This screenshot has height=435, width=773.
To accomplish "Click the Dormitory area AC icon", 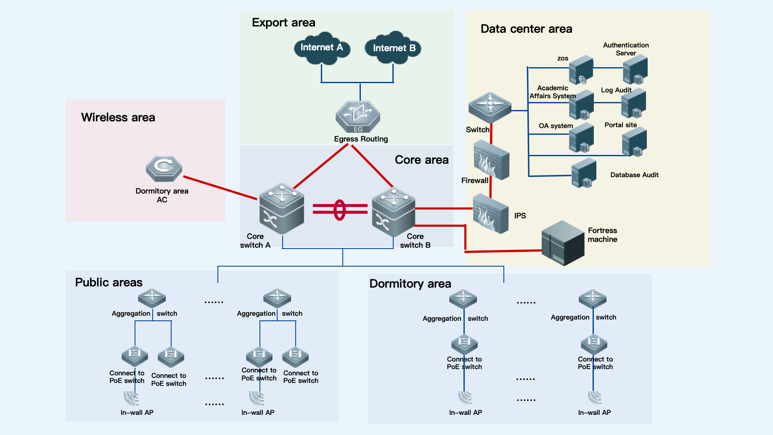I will (164, 168).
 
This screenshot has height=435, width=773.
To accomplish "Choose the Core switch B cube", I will (394, 212).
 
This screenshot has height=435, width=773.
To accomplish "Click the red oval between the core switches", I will (339, 210).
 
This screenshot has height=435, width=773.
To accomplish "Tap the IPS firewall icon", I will (491, 214).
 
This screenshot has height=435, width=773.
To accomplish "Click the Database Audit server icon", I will (584, 173).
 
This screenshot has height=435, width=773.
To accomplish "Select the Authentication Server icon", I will (635, 70).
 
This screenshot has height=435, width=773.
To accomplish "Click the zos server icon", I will (581, 70).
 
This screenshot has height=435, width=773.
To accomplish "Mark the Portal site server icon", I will (634, 142).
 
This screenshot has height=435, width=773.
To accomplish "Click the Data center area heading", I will (526, 29).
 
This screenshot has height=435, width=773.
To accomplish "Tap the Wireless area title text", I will (118, 118).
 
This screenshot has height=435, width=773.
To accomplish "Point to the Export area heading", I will (283, 23).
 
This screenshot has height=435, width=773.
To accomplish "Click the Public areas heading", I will (109, 283).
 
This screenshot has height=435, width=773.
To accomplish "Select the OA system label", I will (556, 126).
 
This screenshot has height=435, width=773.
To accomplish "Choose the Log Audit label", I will (616, 90).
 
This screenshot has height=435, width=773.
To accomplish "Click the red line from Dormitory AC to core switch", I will (220, 188).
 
